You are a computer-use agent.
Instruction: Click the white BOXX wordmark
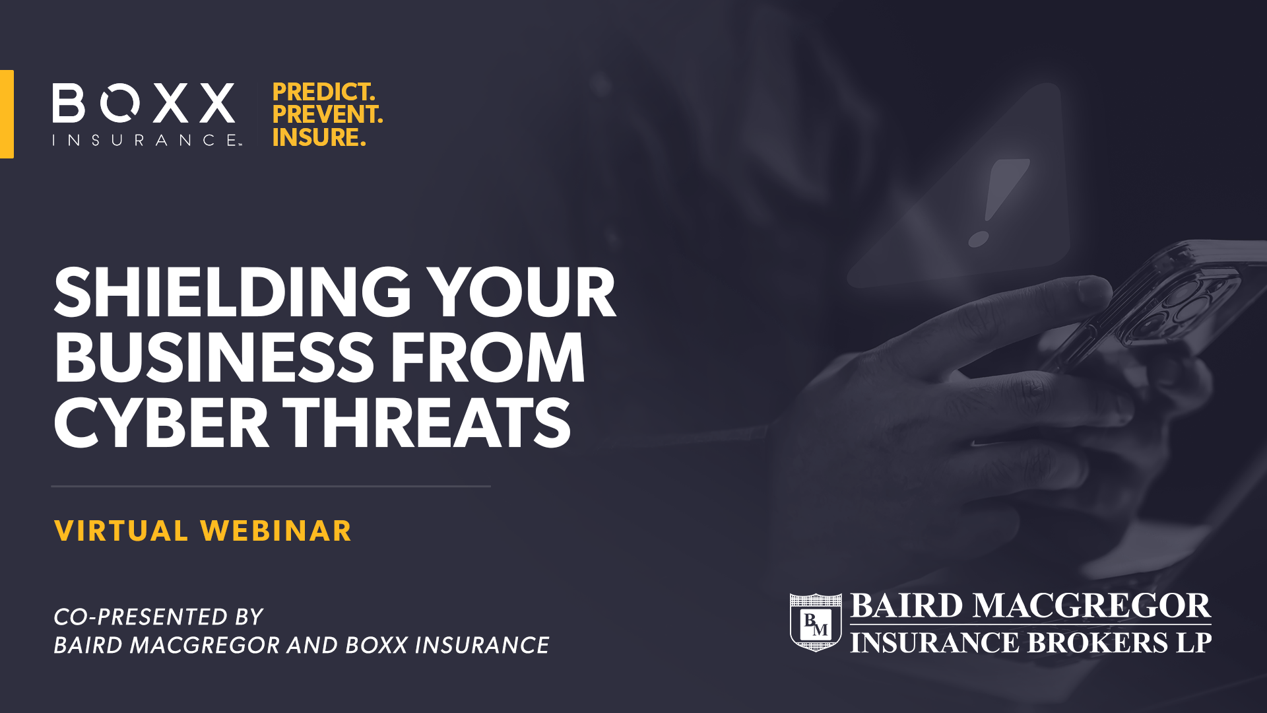pos(144,103)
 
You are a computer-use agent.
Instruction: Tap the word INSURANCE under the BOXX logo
pos(146,140)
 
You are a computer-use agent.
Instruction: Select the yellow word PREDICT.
pos(323,92)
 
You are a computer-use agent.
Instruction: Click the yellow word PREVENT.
pos(327,114)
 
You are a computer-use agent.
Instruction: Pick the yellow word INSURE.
pos(319,137)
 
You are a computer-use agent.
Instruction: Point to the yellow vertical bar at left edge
pos(7,114)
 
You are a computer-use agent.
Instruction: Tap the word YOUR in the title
pos(521,292)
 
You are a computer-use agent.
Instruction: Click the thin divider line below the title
pos(271,487)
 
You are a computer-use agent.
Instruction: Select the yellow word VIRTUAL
pos(121,531)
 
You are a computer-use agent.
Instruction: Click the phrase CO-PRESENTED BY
pos(158,617)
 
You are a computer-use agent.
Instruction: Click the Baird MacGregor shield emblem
pos(816,622)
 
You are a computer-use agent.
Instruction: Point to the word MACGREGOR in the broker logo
pos(1091,606)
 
